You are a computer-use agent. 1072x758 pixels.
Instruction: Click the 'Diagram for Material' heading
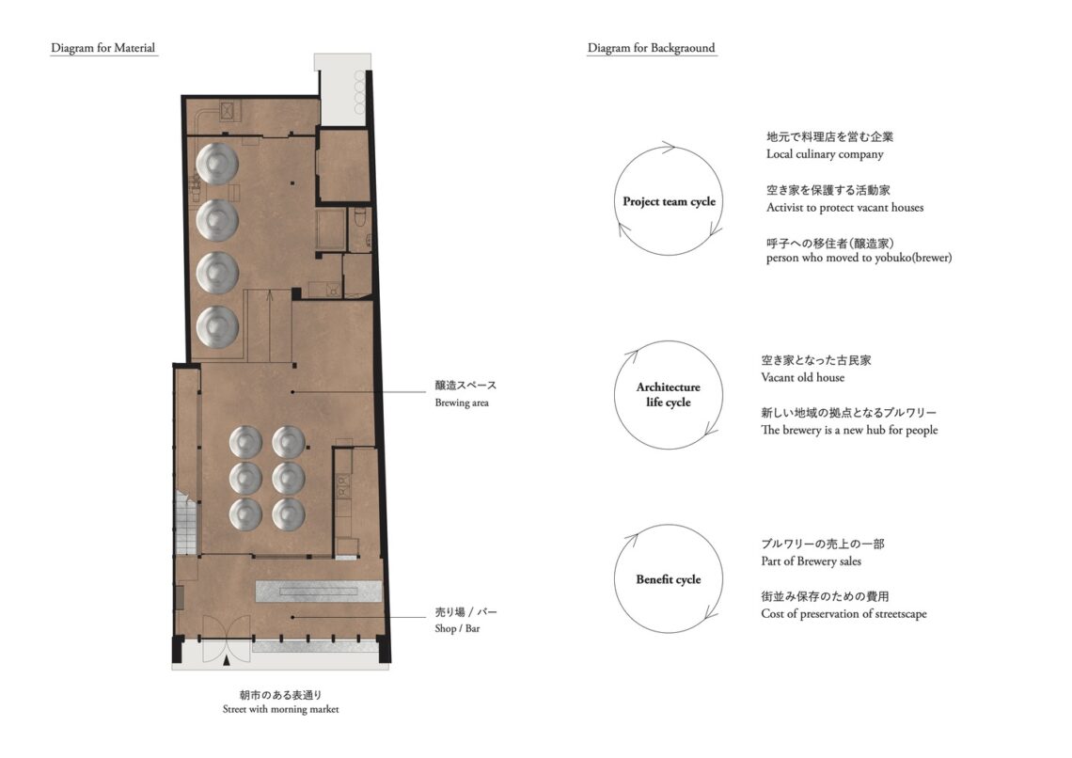click(x=103, y=48)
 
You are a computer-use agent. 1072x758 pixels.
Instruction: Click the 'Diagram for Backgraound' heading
click(x=651, y=48)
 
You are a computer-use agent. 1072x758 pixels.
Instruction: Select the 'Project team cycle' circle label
click(x=669, y=201)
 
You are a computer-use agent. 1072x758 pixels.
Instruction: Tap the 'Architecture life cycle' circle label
click(x=668, y=394)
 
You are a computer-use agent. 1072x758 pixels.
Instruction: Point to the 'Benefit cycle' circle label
click(x=668, y=579)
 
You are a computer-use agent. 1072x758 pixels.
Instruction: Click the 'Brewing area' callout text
click(x=462, y=403)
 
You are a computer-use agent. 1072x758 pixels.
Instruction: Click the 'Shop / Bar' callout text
click(x=457, y=628)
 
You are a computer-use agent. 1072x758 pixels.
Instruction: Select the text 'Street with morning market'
click(x=280, y=709)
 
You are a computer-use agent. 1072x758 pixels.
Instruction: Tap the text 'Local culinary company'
click(x=825, y=154)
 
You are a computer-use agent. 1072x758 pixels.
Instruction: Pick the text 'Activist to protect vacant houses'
click(x=844, y=207)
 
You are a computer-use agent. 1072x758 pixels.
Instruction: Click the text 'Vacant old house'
click(x=803, y=377)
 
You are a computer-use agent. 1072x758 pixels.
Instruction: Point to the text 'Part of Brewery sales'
click(x=811, y=561)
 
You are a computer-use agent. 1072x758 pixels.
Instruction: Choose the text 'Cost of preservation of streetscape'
click(x=843, y=614)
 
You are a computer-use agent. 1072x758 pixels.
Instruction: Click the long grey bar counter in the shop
click(x=318, y=592)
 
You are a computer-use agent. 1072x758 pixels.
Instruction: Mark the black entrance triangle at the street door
click(x=227, y=660)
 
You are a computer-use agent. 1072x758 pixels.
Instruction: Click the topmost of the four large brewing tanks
click(x=216, y=164)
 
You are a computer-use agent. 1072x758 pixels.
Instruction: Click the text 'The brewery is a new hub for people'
click(x=849, y=430)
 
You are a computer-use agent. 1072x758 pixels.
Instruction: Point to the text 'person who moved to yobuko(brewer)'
click(x=859, y=258)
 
